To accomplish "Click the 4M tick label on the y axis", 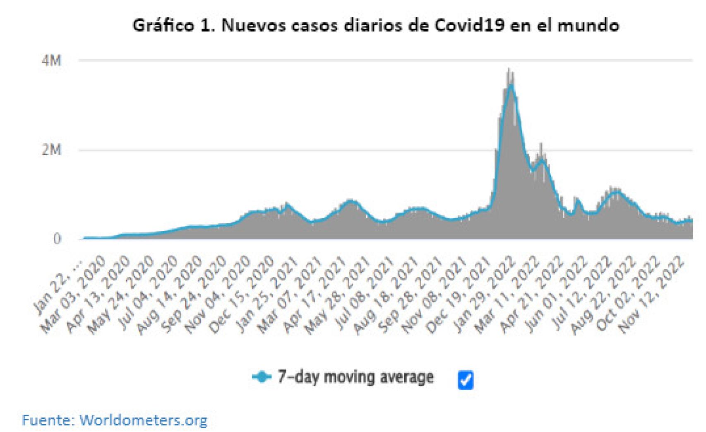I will point(51,61).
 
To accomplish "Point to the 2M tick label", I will point(51,150).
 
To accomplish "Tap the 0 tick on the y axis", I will point(57,239).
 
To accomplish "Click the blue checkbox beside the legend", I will point(466,379).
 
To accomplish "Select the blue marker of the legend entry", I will point(262,377).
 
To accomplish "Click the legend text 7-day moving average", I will point(355,377).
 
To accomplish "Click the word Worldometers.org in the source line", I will point(143,420).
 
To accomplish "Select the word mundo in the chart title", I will point(588,26).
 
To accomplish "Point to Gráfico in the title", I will point(163,26).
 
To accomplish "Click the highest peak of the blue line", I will point(511,85).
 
